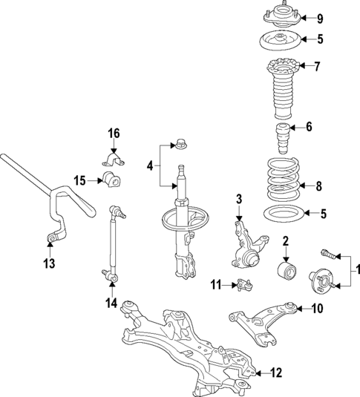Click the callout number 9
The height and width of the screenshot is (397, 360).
click(x=320, y=19)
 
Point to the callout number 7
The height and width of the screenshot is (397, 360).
click(x=317, y=67)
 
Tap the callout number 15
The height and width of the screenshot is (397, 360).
click(x=80, y=180)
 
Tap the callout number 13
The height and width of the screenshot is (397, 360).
click(x=48, y=263)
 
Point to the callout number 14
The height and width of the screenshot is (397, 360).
click(x=111, y=302)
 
